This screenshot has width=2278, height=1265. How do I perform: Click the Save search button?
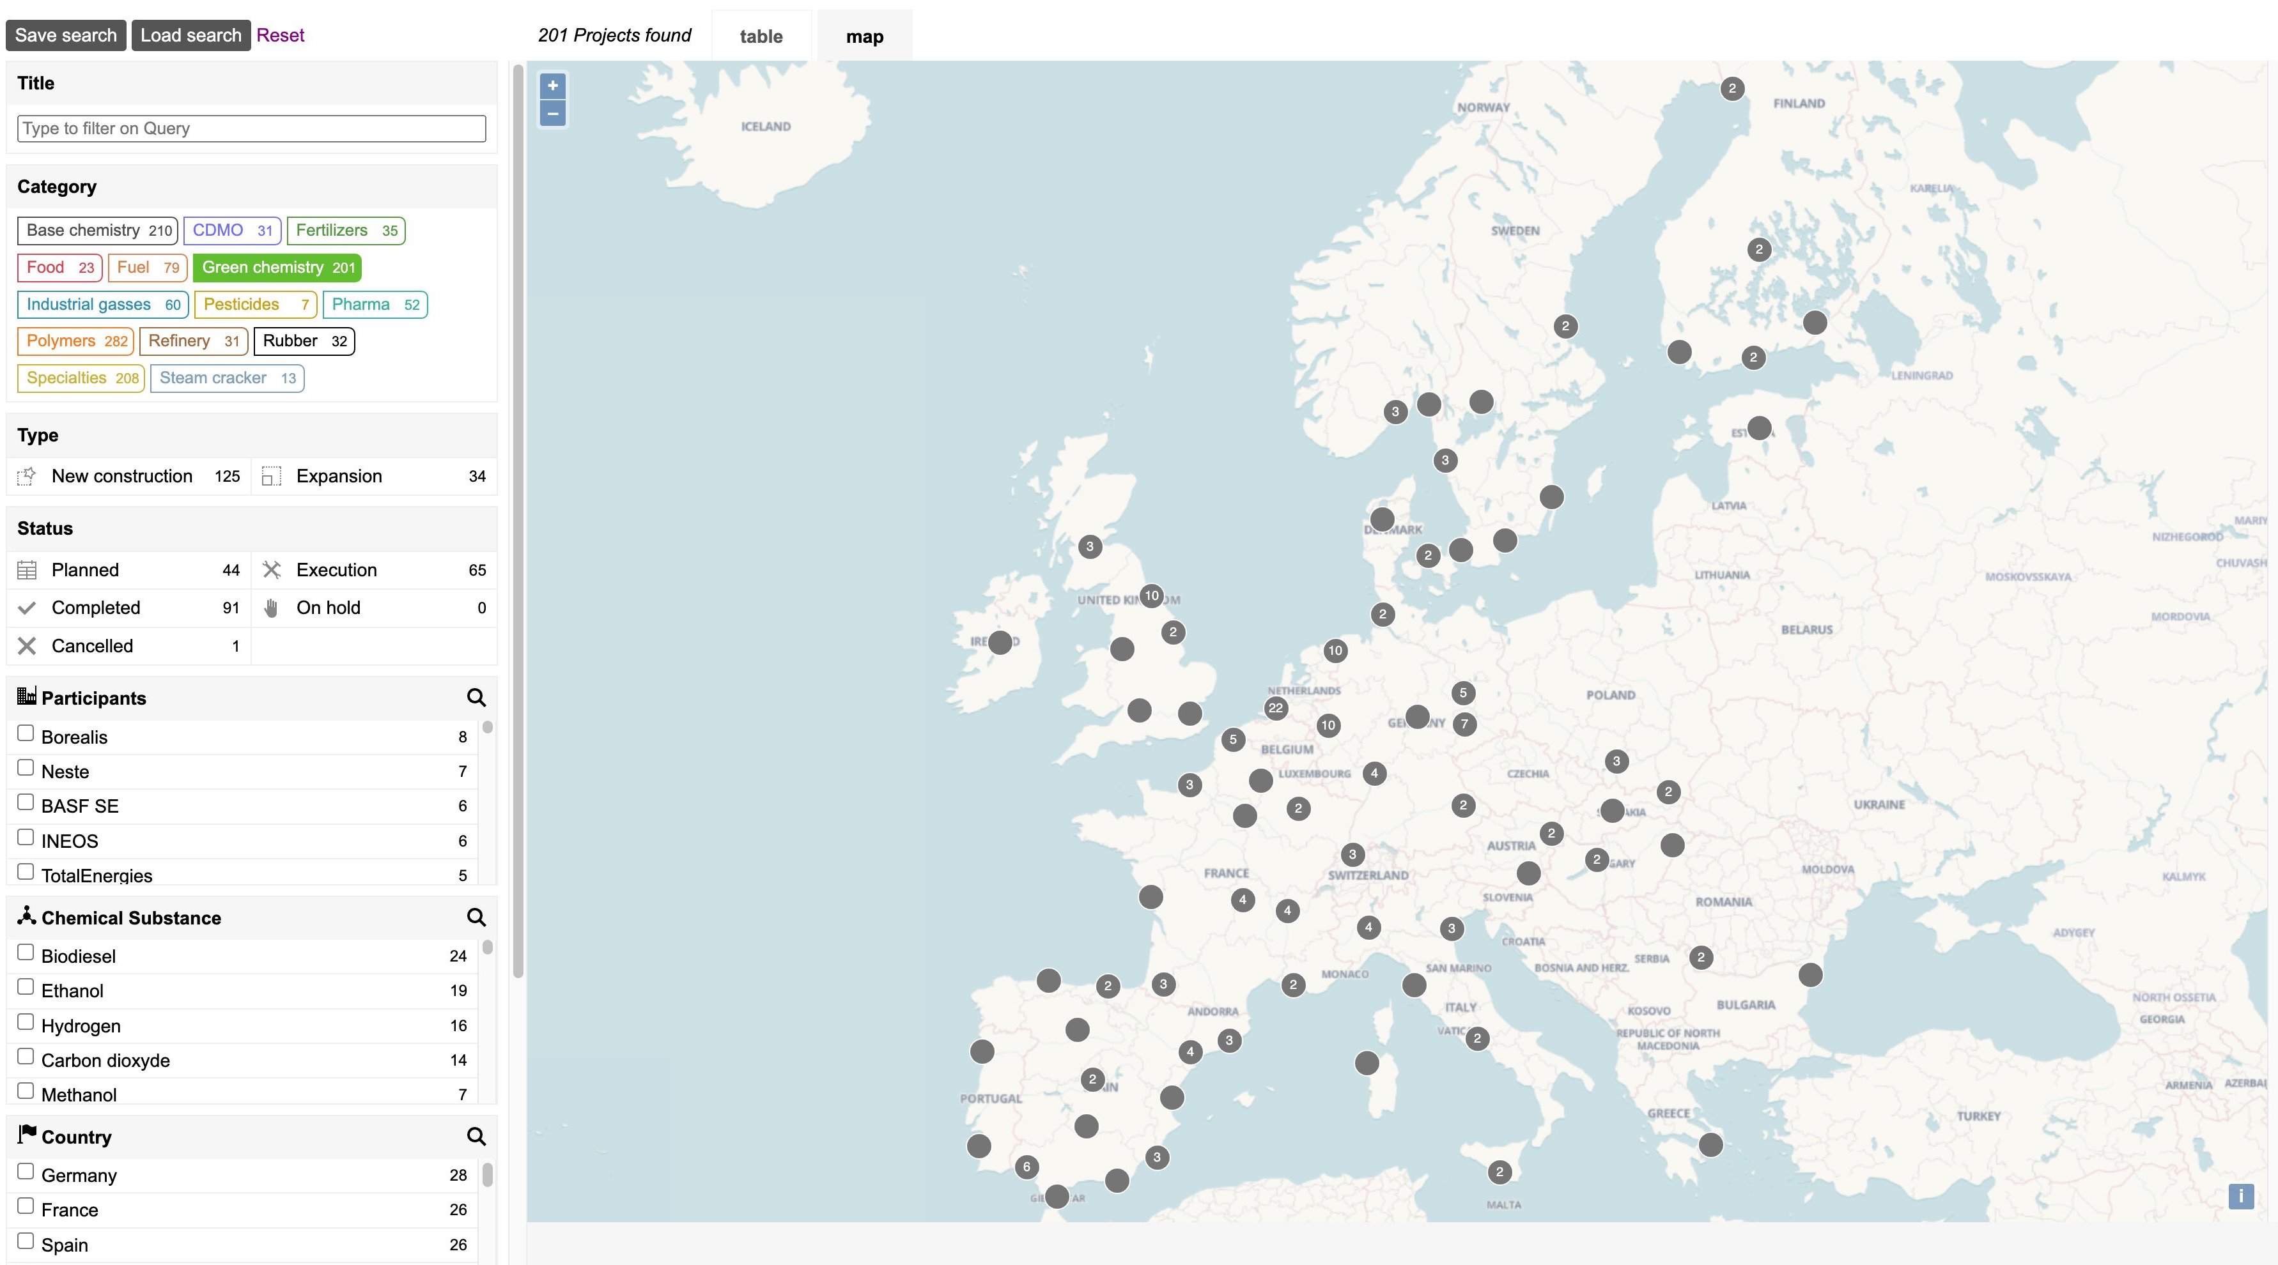click(65, 35)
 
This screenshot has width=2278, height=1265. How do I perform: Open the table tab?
click(761, 36)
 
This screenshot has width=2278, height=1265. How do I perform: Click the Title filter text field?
click(251, 128)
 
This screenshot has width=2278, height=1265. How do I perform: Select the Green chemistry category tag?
click(277, 268)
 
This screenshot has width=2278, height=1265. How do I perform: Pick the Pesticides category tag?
click(254, 305)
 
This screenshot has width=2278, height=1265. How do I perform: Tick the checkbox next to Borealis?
click(26, 733)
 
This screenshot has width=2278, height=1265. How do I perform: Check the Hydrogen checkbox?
click(26, 1023)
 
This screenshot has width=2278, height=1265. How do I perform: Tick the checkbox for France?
click(26, 1207)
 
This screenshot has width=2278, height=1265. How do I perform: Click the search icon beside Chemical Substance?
click(476, 917)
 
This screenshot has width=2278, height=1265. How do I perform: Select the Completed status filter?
click(95, 608)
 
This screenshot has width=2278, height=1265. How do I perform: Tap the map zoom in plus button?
click(553, 86)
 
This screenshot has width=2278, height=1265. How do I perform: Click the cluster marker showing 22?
click(1275, 708)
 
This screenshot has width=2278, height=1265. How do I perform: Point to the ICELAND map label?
click(766, 126)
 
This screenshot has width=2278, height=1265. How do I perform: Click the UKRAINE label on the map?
click(1879, 804)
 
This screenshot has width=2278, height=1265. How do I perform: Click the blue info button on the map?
click(2241, 1196)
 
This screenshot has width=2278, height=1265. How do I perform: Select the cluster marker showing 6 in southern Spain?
click(1026, 1167)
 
